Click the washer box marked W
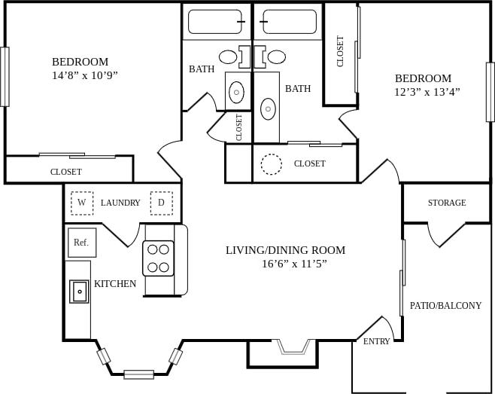[82, 203]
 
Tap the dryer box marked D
[161, 203]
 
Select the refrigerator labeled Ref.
[81, 242]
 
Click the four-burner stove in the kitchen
[158, 258]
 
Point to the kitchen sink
[79, 290]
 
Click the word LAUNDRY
[120, 203]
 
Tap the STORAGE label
[447, 203]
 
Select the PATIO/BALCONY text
[445, 306]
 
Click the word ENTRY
[376, 341]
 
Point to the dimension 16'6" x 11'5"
[294, 264]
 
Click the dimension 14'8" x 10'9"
[85, 75]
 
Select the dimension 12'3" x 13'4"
[427, 92]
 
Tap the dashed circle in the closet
[271, 163]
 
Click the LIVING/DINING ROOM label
[285, 250]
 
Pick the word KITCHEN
[115, 284]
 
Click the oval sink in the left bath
[236, 93]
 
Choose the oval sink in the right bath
[269, 108]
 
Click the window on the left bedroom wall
[5, 77]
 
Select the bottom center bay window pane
[138, 374]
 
